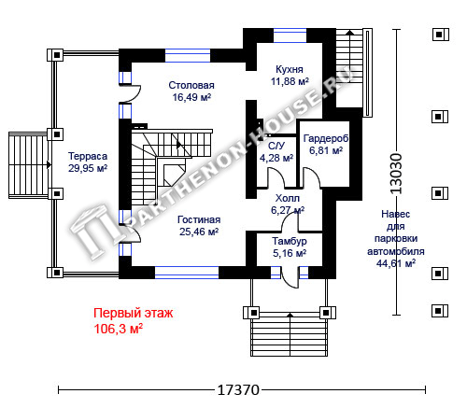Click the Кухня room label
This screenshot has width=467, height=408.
click(x=290, y=69)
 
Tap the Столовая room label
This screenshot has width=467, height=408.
click(x=191, y=85)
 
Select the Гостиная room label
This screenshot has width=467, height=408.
click(x=199, y=219)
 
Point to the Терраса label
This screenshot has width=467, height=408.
click(x=88, y=156)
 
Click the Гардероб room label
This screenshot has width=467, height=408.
click(x=326, y=138)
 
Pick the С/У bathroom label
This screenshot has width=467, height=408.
click(x=276, y=146)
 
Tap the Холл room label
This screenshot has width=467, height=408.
click(x=288, y=198)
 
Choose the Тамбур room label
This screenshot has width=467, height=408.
click(x=290, y=241)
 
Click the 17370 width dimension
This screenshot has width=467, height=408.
click(x=238, y=390)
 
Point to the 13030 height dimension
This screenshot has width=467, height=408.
click(x=396, y=174)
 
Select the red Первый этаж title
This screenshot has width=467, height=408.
click(x=134, y=313)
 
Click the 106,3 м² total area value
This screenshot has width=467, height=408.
click(x=119, y=329)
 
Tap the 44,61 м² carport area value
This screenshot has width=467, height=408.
click(x=396, y=263)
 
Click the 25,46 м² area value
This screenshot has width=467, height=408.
click(x=199, y=232)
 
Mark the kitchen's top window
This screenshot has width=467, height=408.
click(x=290, y=35)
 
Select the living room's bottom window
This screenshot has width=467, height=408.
click(x=187, y=273)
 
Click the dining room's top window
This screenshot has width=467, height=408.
click(x=188, y=55)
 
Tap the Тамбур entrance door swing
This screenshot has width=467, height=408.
click(x=290, y=277)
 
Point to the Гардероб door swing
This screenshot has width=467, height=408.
click(x=312, y=177)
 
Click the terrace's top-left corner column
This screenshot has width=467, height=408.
click(x=56, y=55)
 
